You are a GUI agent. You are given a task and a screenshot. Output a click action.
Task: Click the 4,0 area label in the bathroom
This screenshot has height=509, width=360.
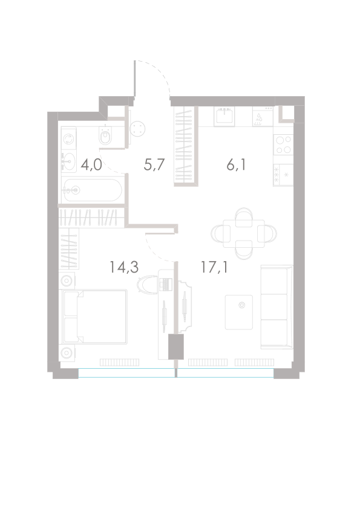[x=91, y=165]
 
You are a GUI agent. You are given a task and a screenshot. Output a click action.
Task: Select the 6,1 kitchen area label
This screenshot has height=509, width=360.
[x=236, y=165]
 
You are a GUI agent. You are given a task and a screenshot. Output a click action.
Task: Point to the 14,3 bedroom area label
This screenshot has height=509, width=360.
[x=124, y=267]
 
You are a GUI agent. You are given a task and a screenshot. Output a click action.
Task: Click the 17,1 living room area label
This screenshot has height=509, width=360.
[x=214, y=267]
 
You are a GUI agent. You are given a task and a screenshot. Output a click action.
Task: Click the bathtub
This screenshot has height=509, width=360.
[x=93, y=190]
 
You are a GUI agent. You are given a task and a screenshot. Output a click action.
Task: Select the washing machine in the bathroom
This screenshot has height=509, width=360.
[x=68, y=139]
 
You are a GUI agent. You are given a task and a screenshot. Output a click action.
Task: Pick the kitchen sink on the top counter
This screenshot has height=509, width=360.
[x=224, y=115]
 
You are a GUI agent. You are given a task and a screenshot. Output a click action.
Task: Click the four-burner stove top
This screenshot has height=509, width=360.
[x=283, y=144]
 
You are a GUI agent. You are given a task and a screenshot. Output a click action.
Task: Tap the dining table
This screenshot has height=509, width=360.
[x=244, y=233]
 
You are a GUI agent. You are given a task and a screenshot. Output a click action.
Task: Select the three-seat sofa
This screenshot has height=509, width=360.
[x=277, y=307]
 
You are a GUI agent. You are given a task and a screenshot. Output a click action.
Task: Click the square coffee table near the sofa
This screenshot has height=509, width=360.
[x=239, y=312]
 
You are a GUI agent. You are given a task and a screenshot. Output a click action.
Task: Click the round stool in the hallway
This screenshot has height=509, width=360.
[x=137, y=128]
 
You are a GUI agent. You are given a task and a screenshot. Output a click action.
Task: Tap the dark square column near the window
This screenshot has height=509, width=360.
[x=176, y=347]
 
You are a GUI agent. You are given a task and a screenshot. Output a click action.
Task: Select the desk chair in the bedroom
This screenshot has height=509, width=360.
[x=147, y=284]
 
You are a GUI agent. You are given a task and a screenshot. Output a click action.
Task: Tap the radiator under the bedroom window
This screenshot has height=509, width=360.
[x=119, y=362]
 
